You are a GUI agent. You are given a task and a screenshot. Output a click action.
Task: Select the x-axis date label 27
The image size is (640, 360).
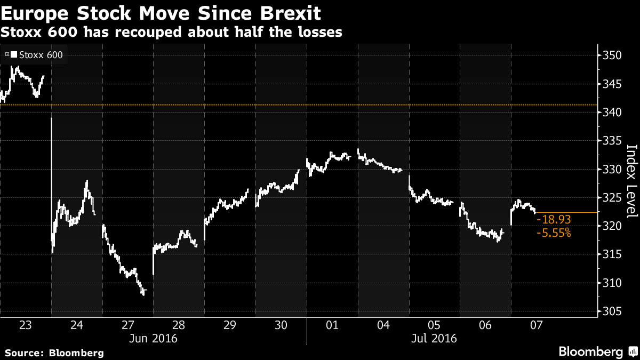pyautogui.click(x=127, y=325)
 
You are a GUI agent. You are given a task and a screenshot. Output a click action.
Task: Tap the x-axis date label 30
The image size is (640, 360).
pyautogui.click(x=281, y=325)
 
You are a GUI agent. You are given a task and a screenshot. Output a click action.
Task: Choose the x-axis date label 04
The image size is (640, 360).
pyautogui.click(x=383, y=325)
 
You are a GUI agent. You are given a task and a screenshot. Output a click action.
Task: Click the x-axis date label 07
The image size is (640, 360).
pyautogui.click(x=536, y=325)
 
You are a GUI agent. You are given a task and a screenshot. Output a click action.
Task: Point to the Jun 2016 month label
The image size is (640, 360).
pyautogui.click(x=153, y=338)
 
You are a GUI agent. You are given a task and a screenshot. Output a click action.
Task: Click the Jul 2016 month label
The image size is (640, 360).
pyautogui.click(x=434, y=338)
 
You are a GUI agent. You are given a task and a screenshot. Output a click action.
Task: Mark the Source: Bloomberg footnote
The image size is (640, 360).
pyautogui.click(x=54, y=353)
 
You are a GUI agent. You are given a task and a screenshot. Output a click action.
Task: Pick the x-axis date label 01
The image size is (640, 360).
pyautogui.click(x=332, y=325)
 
